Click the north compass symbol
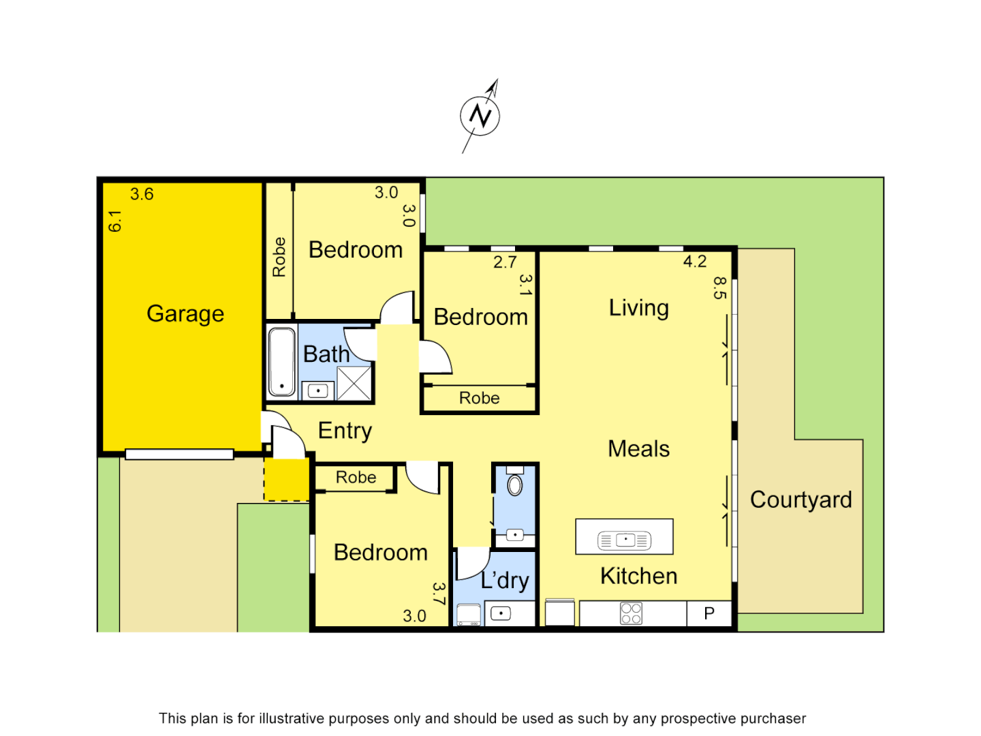(x=480, y=116)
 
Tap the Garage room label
(x=185, y=313)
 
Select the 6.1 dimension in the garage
(x=115, y=221)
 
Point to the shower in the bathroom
(x=354, y=383)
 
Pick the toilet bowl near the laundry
(x=515, y=485)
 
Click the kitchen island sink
(x=625, y=540)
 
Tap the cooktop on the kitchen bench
(x=631, y=613)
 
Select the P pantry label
(x=709, y=613)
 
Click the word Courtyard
(x=801, y=500)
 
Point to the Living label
(x=639, y=308)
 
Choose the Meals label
(x=639, y=449)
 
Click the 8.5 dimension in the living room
(x=720, y=288)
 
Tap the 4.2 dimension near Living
(x=695, y=262)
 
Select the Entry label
(x=345, y=431)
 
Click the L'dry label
(x=505, y=580)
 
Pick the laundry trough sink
(x=501, y=613)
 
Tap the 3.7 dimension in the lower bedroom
(x=439, y=594)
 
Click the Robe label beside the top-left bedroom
(x=279, y=257)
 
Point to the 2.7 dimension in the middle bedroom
(x=505, y=262)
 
